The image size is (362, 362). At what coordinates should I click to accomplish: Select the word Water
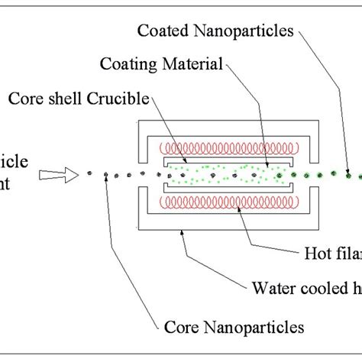click(x=269, y=288)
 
